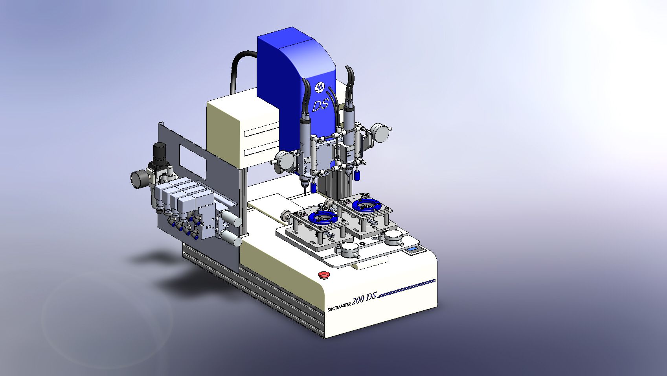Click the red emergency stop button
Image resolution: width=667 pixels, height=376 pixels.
(322, 275)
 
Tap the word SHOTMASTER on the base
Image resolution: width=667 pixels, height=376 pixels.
(340, 307)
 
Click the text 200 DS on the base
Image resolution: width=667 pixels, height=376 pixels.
(364, 299)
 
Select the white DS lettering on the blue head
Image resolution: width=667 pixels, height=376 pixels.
(320, 105)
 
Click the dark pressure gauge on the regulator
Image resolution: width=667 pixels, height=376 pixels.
(138, 179)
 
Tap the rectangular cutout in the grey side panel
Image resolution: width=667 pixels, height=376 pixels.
(192, 163)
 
